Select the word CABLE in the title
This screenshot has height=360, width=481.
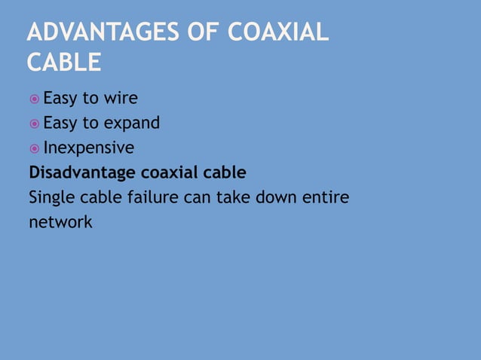tap(63, 63)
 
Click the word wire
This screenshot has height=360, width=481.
tap(120, 98)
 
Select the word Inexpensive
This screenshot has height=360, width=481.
tap(88, 147)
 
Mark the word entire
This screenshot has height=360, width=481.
tap(327, 197)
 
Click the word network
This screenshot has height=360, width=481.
tap(60, 223)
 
